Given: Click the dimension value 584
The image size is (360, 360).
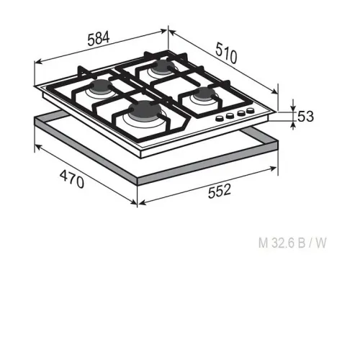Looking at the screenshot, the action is pyautogui.click(x=99, y=39).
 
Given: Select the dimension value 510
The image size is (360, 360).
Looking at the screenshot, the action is pyautogui.click(x=226, y=53).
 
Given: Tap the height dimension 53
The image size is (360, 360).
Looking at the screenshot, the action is pyautogui.click(x=305, y=117).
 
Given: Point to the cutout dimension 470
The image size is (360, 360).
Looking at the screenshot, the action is pyautogui.click(x=72, y=179).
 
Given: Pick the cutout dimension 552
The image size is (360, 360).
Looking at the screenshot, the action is pyautogui.click(x=220, y=191).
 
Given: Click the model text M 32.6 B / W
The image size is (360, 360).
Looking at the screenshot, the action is pyautogui.click(x=292, y=243).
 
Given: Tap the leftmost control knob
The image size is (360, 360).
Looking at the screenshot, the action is pyautogui.click(x=220, y=119).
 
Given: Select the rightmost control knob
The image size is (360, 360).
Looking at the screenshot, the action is pyautogui.click(x=251, y=111).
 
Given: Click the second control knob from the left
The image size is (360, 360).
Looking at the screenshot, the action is pyautogui.click(x=230, y=116).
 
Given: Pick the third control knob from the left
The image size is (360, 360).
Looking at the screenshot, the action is pyautogui.click(x=240, y=113).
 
